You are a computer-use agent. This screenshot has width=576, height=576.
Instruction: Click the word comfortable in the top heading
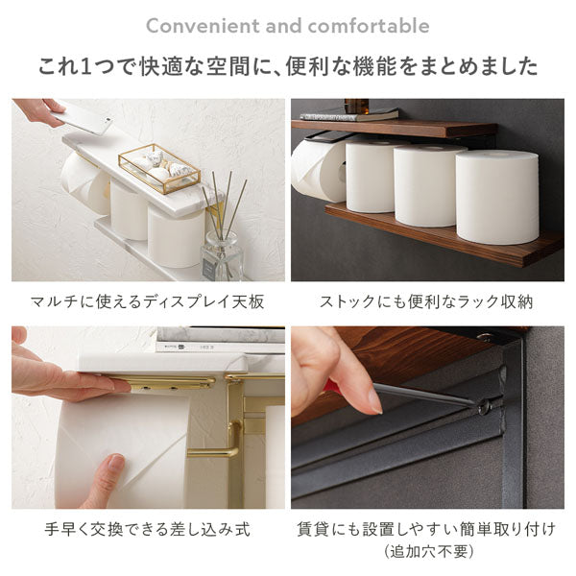pos(369,26)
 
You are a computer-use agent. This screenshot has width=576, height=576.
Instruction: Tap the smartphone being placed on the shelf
pos(82,117)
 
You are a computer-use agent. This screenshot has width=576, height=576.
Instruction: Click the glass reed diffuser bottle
pos(222,255)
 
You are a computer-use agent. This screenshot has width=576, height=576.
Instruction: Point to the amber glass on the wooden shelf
pos(356,106)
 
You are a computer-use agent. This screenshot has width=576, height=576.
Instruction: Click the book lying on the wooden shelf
pos(349,115)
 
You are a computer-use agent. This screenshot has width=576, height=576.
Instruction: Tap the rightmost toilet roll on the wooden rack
pos(497,197)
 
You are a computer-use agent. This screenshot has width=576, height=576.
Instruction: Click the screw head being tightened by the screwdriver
pos(484,406)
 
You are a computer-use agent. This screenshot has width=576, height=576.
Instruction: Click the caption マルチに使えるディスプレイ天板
pos(147,302)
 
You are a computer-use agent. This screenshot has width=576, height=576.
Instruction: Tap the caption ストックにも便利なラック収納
pos(426,302)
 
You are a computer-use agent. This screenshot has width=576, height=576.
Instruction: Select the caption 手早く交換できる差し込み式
pos(147,529)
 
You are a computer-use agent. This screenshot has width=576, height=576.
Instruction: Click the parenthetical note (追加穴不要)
pos(427,551)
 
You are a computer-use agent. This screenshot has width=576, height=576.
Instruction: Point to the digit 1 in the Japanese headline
pos(85,67)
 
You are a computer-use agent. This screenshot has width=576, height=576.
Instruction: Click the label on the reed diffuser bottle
pos(208,270)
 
